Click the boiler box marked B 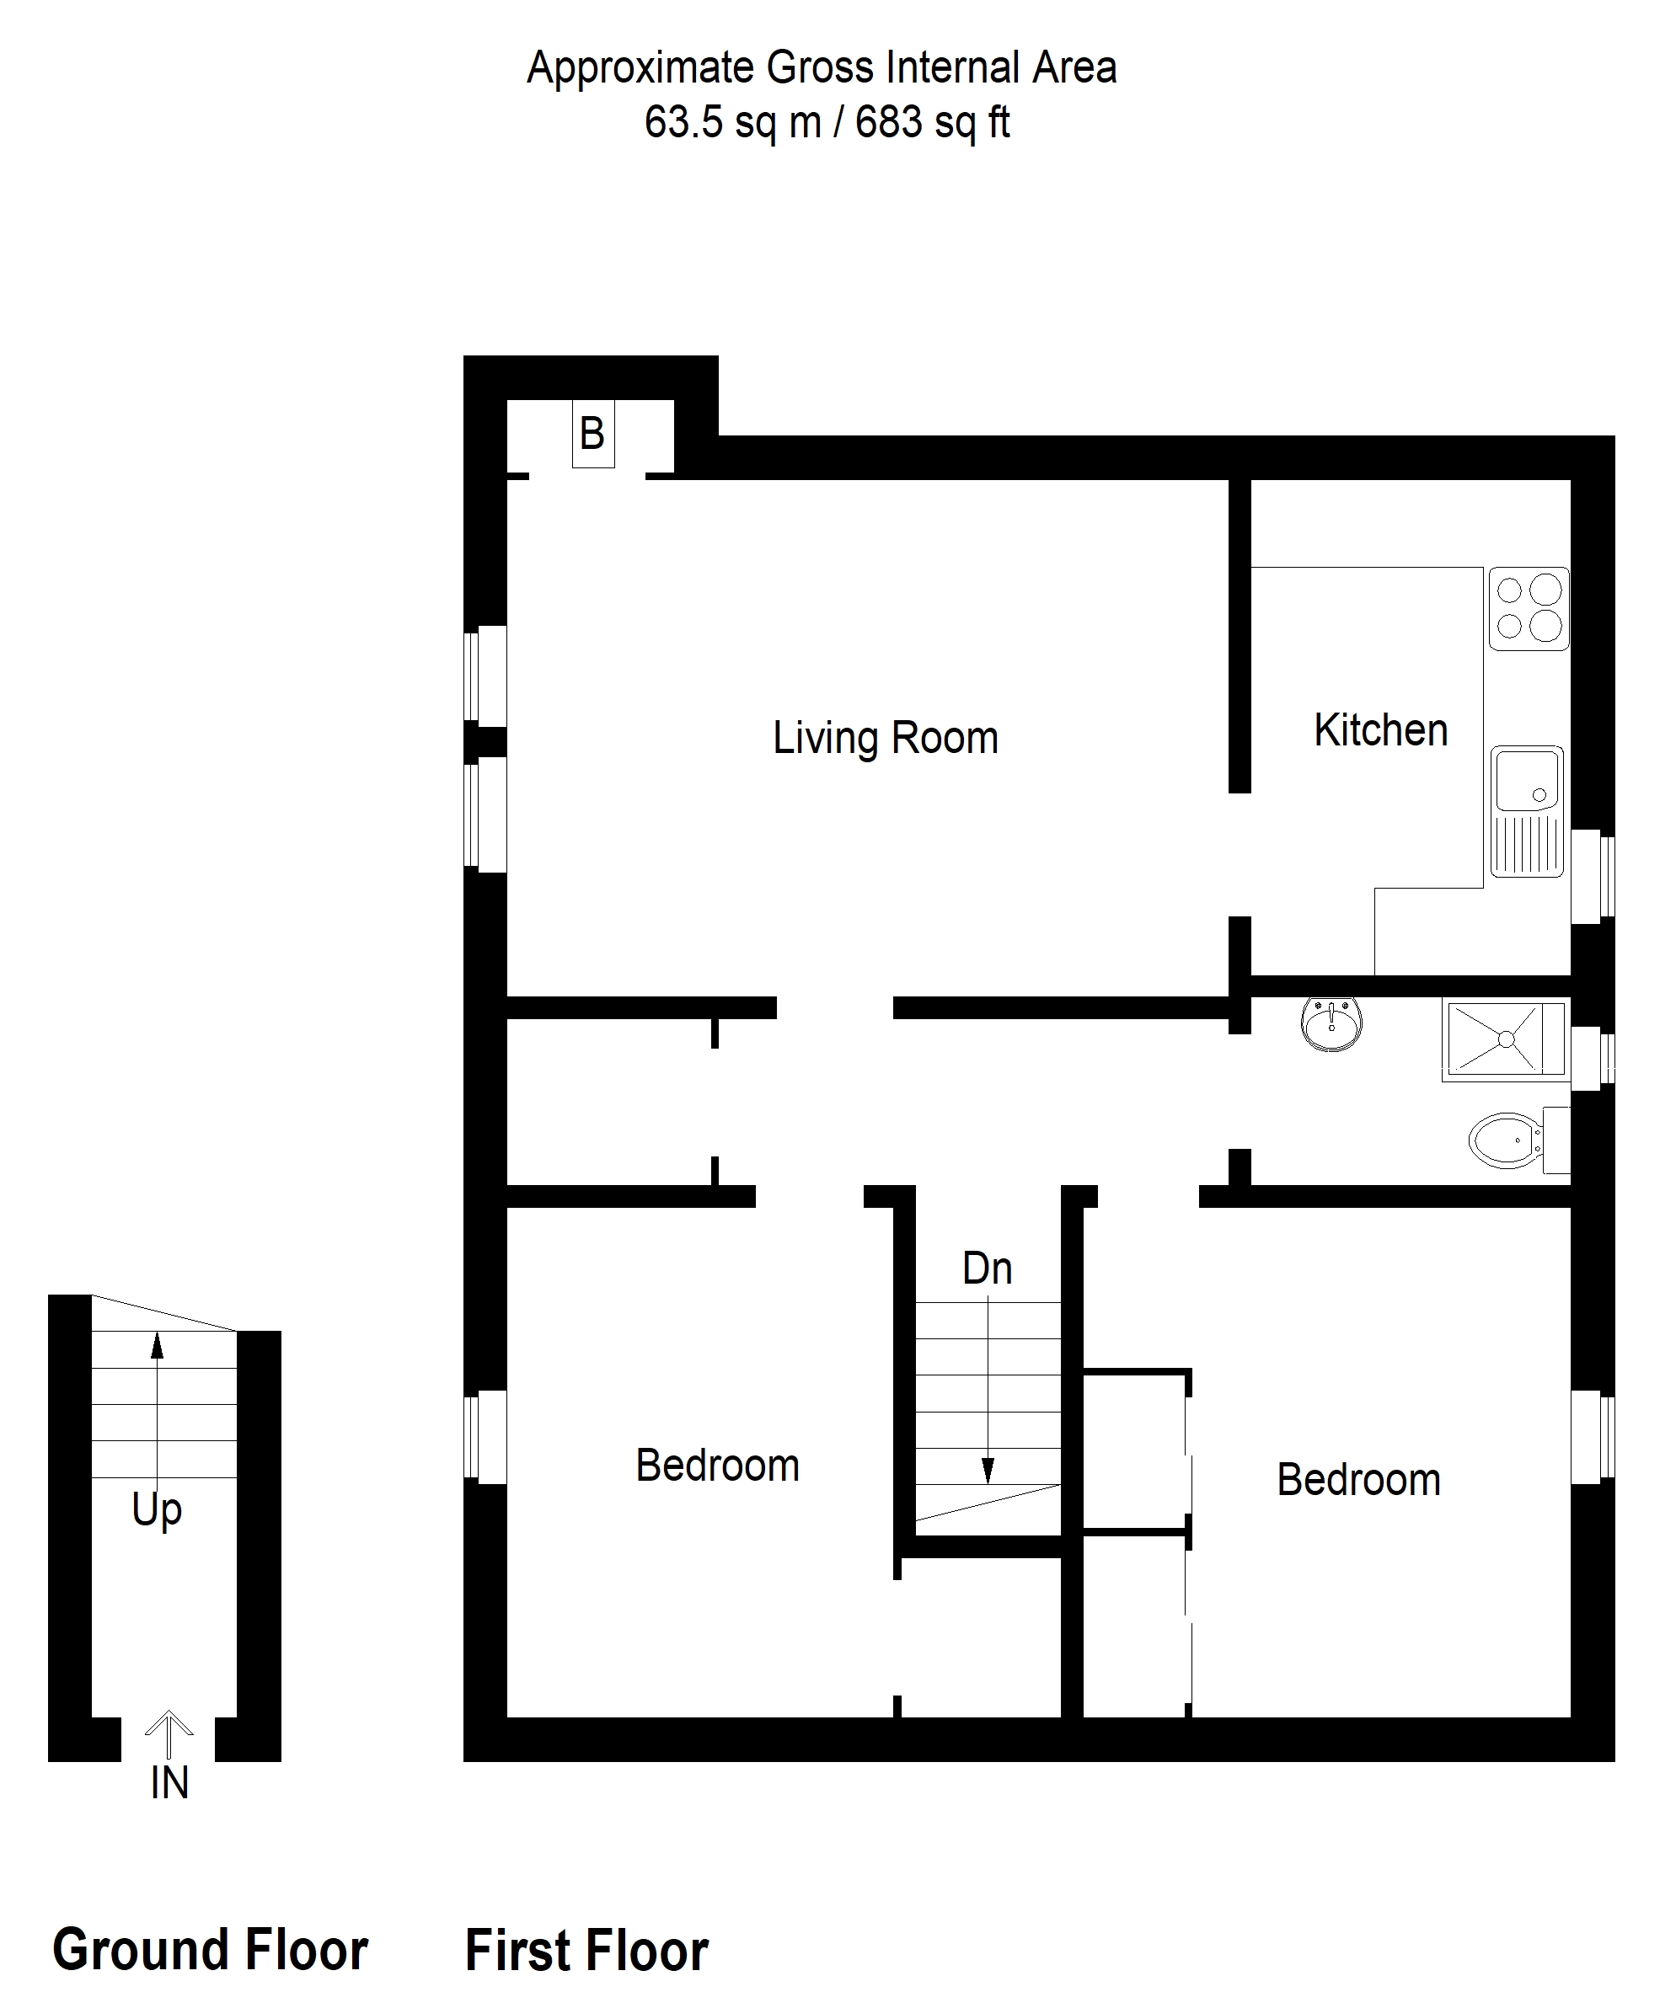592,434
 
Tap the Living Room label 885,738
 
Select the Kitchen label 1379,730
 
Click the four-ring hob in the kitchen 1528,609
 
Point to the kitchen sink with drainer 1526,813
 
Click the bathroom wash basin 1331,1025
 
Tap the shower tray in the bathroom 1506,1039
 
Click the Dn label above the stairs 988,1268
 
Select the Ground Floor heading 210,1950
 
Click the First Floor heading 586,1951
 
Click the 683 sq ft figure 933,122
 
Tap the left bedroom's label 717,1465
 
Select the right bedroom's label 1358,1479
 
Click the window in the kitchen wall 1593,877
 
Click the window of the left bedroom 485,1436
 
